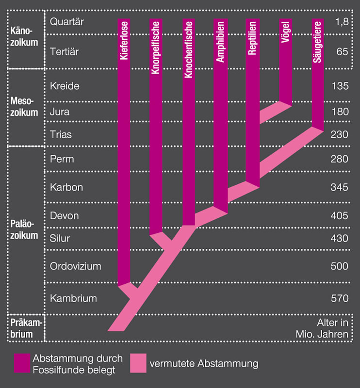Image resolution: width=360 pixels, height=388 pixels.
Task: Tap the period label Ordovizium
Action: point(75,266)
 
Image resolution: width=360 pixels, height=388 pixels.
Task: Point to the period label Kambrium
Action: point(73,298)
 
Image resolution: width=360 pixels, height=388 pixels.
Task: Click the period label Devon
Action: point(64,215)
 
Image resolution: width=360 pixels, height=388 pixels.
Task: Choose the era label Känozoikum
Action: point(24,36)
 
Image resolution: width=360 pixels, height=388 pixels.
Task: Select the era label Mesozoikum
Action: point(24,107)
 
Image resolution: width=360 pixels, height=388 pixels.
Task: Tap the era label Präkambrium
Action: point(25,328)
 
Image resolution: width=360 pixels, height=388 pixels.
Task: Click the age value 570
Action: point(339,298)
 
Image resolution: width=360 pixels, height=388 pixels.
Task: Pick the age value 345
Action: point(339,187)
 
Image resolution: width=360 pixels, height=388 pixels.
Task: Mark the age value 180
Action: point(339,112)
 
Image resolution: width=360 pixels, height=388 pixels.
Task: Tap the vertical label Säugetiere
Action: point(317,43)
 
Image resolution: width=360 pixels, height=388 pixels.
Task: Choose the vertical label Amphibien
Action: point(220,43)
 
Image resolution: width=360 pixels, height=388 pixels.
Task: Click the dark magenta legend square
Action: point(22,363)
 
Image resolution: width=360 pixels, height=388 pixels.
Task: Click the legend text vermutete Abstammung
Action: point(204,363)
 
